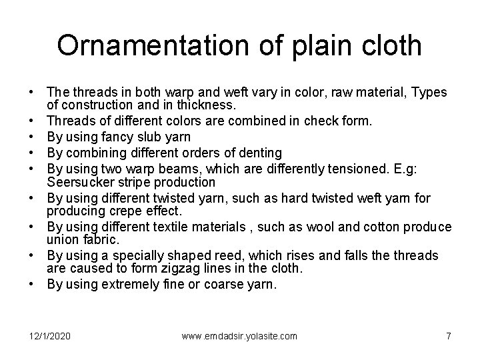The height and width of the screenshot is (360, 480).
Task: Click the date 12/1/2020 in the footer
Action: (x=49, y=336)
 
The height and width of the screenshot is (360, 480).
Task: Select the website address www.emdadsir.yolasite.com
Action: (x=239, y=336)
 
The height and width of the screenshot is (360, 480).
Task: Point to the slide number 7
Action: (x=448, y=336)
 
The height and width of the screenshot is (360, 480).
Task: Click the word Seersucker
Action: (x=78, y=182)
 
